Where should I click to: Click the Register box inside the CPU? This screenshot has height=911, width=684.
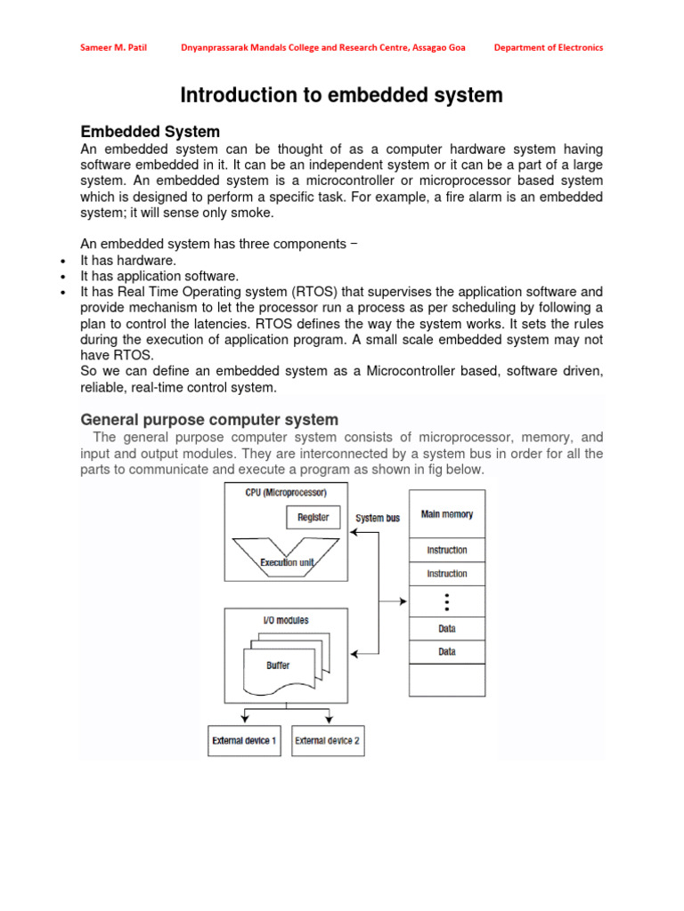tap(313, 517)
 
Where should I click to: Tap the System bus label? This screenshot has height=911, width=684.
tap(378, 518)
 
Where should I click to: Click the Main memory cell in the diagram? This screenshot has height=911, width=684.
tap(447, 514)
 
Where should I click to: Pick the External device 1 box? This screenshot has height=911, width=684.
tap(244, 740)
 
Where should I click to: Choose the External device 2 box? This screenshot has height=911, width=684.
tap(328, 740)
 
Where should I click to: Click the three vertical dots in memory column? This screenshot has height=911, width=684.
tap(447, 601)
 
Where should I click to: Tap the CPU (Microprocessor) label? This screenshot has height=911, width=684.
tap(285, 492)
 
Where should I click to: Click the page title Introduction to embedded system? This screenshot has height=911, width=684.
tap(342, 95)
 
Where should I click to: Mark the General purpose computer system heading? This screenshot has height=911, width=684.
tap(209, 419)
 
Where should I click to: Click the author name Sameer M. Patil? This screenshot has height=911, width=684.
tap(110, 47)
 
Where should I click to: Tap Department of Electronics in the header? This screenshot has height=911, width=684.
tap(548, 47)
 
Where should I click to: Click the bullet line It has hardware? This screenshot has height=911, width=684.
tap(128, 260)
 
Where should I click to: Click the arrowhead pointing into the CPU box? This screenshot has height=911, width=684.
tap(354, 533)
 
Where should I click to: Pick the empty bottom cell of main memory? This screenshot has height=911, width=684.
tap(447, 680)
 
